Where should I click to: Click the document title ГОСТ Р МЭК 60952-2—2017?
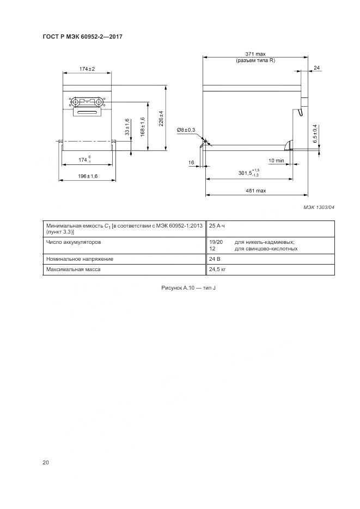tap(82, 36)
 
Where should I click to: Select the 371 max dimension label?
tap(255, 54)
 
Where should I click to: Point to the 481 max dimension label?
tap(256, 191)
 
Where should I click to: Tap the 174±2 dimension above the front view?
tap(87, 69)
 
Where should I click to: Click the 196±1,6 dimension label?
tap(88, 176)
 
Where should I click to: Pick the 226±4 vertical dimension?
tap(161, 119)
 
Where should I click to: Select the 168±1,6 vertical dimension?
tap(143, 127)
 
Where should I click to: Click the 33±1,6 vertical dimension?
tap(127, 127)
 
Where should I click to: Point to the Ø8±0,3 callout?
tap(186, 130)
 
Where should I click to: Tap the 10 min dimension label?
tap(276, 161)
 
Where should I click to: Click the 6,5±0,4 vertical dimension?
tap(315, 134)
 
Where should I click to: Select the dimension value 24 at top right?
tap(316, 68)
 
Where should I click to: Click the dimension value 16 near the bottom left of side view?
tap(191, 162)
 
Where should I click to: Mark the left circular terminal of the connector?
tap(75, 102)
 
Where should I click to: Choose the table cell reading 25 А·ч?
tap(217, 225)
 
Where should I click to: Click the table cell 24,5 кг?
tap(217, 269)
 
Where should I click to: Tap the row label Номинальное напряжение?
tap(80, 259)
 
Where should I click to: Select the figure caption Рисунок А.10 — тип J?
tap(188, 288)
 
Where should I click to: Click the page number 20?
tap(46, 462)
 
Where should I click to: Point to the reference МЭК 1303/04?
tap(319, 207)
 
